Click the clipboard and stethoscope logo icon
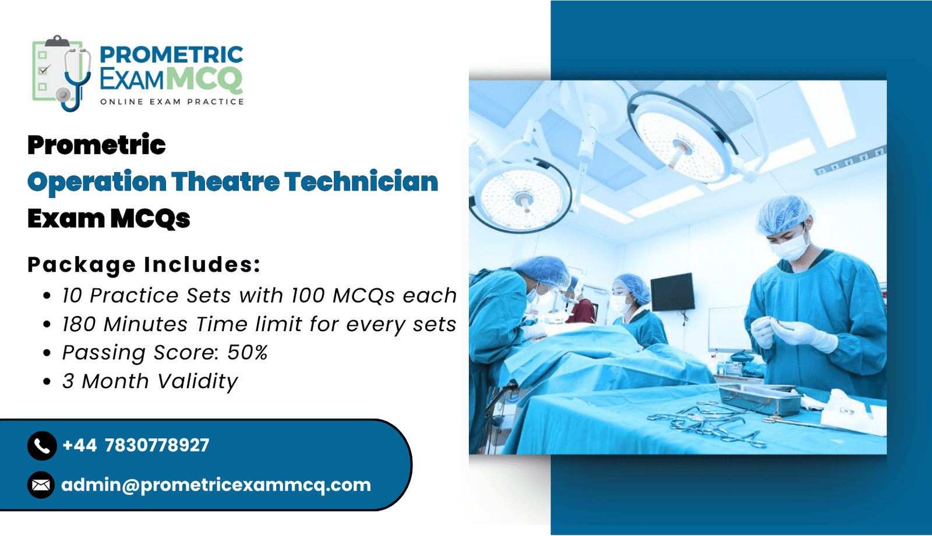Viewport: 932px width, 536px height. click(x=62, y=73)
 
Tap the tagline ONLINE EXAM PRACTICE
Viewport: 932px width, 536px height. click(x=172, y=102)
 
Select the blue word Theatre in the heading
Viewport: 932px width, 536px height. click(x=225, y=182)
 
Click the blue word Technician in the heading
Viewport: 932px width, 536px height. click(x=362, y=182)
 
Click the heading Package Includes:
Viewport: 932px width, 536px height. click(x=144, y=265)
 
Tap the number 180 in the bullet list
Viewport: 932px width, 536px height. click(x=79, y=324)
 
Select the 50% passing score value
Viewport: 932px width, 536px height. click(x=247, y=353)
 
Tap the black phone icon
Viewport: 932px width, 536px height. click(x=42, y=446)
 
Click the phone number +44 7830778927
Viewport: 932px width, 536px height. click(x=136, y=445)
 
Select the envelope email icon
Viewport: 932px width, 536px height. click(x=41, y=485)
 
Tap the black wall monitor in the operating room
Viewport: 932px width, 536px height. click(x=673, y=292)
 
